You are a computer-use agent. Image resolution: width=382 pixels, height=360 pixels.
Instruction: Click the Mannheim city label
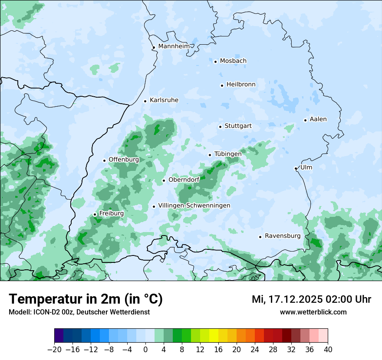point(174,46)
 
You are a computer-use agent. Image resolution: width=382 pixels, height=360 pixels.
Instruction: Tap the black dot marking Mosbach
point(215,62)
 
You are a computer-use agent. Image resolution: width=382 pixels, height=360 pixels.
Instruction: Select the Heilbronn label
point(241,85)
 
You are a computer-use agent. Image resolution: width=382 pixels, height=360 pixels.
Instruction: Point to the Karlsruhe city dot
point(145,101)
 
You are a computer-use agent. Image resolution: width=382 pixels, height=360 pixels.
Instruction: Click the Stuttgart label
point(238,126)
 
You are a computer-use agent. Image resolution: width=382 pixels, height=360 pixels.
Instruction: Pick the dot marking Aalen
point(305,120)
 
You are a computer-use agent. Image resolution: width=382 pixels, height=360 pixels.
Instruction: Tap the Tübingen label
point(228,154)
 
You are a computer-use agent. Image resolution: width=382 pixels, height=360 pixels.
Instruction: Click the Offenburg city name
point(124,160)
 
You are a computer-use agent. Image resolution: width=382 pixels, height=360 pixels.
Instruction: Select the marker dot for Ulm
point(296,168)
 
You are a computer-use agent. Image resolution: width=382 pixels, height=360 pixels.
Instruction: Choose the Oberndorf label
point(184,180)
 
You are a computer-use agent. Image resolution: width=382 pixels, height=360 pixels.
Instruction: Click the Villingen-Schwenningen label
point(194,206)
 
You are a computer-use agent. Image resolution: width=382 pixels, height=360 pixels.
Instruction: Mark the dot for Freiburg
point(95,214)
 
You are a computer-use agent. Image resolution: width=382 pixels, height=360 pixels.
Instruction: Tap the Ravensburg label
point(283,236)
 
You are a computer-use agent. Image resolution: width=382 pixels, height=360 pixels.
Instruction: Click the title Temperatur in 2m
point(86,299)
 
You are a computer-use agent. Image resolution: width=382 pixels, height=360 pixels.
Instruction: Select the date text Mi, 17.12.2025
point(286,299)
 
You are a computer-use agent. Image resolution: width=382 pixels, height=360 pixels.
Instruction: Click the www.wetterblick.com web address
point(313,312)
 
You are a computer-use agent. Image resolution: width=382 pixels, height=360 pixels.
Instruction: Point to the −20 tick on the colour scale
point(55,350)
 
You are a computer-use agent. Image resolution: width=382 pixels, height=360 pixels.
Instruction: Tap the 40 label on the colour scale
point(328,350)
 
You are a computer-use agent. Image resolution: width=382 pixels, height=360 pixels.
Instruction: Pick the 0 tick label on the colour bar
point(145,350)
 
